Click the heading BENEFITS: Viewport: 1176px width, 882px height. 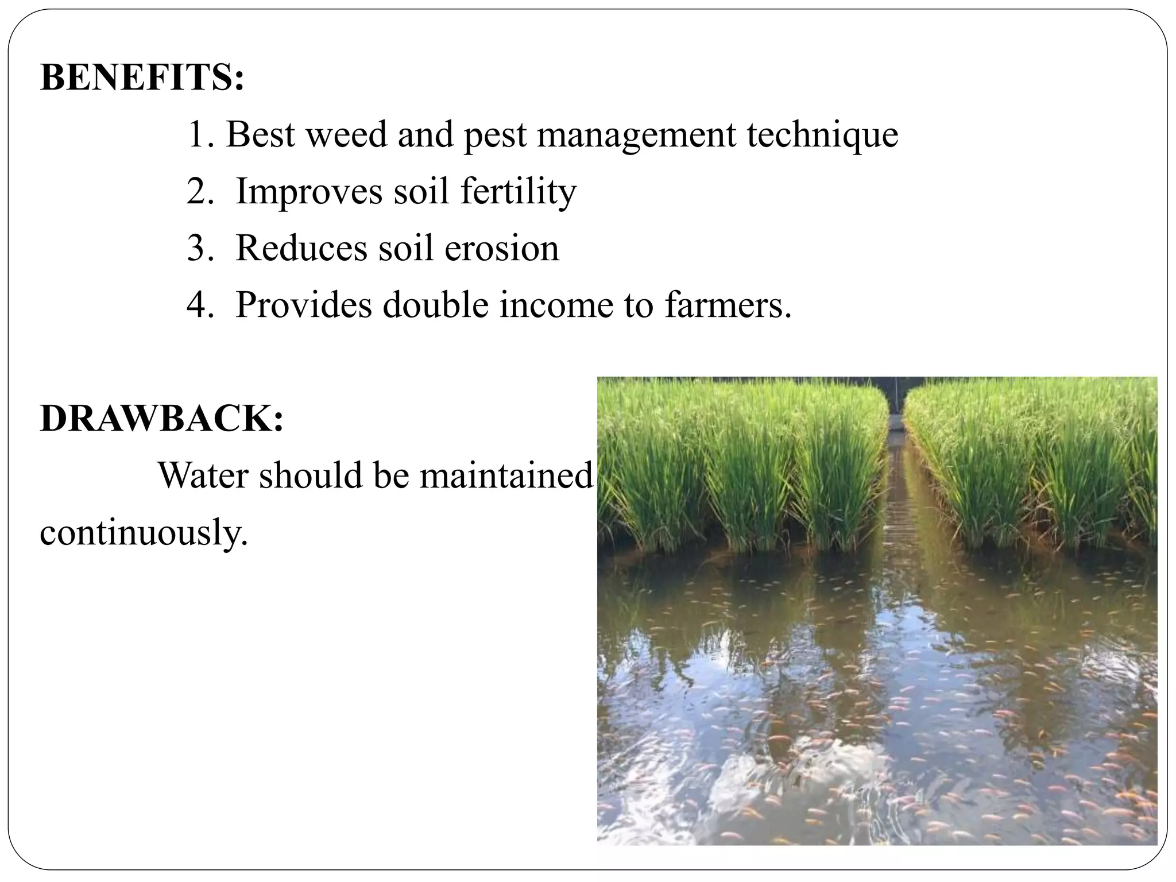click(142, 78)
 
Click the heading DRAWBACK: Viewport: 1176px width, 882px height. click(162, 419)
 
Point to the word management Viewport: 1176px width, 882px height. click(636, 136)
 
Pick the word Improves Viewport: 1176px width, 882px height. click(309, 191)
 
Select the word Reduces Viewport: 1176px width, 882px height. click(301, 248)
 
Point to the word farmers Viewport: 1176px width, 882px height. click(728, 304)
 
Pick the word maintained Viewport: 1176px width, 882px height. click(506, 475)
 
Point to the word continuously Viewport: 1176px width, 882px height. click(144, 533)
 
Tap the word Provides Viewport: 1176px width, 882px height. click(304, 304)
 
